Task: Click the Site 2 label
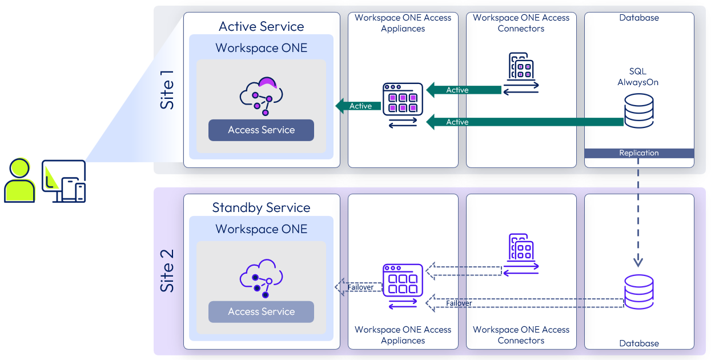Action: coord(167,270)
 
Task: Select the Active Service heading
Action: coord(261,26)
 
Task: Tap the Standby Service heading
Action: coord(261,207)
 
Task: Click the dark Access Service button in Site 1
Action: coord(261,130)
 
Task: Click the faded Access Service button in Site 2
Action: coord(261,311)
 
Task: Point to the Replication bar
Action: coord(639,153)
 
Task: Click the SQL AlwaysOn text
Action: coord(638,77)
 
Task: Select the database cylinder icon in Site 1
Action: coord(638,111)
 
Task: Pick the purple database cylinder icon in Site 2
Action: coord(638,291)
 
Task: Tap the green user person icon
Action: coord(19,181)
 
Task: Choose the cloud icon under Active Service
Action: coord(260,95)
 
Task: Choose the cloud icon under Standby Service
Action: coord(260,278)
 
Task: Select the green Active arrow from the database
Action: coord(525,122)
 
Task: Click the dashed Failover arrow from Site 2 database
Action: coord(525,303)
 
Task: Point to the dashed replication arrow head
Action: coord(638,261)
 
